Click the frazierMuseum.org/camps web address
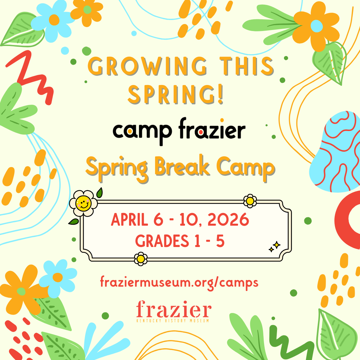[179, 282]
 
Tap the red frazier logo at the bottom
[173, 310]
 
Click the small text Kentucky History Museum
[173, 321]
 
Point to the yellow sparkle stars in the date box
[275, 247]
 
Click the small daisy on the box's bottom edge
[141, 259]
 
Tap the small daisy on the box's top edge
[250, 201]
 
